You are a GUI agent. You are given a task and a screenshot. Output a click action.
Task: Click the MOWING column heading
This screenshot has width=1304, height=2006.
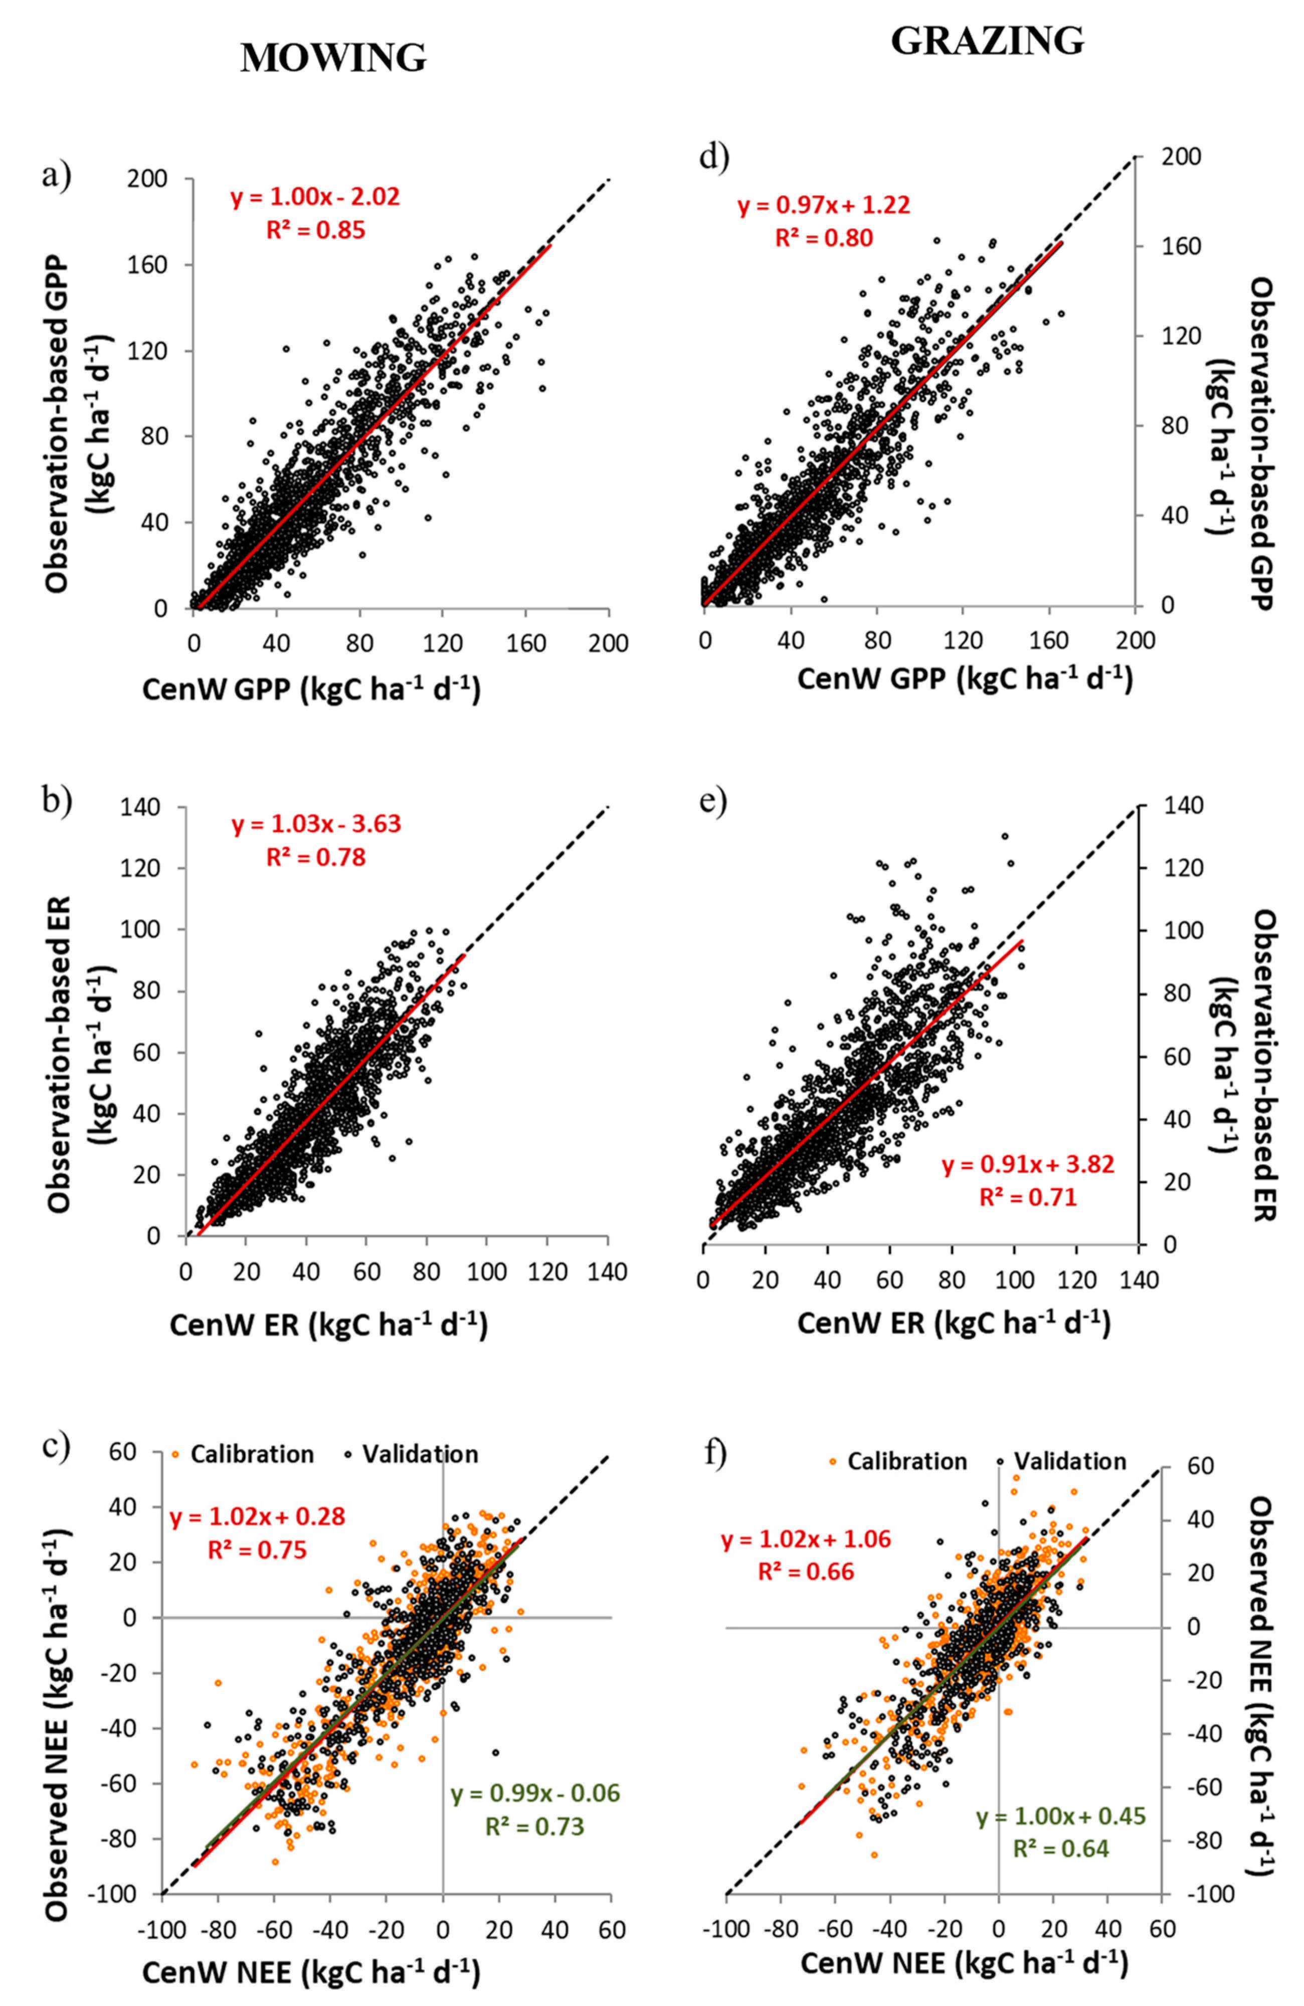coord(333,57)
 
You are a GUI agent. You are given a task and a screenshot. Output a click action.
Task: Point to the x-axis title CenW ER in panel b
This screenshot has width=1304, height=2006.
coord(328,1324)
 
